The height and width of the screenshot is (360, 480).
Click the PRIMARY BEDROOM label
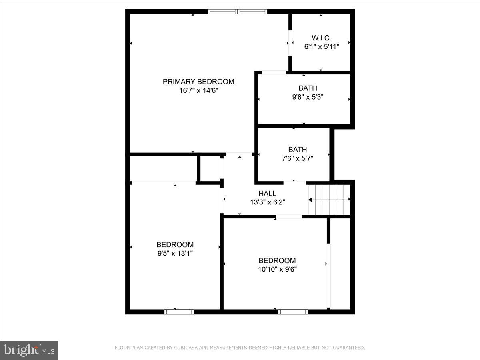(198, 82)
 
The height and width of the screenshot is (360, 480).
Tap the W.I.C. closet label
(322, 38)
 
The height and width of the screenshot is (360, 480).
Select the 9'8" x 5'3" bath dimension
(308, 96)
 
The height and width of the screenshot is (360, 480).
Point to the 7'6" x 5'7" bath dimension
(298, 158)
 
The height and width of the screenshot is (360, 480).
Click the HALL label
(267, 194)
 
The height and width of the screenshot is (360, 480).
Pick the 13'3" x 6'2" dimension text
(267, 202)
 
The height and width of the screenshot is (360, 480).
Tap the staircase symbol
(329, 200)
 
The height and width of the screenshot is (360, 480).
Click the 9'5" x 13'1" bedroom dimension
(175, 253)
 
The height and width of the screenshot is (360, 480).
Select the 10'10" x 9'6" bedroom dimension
(277, 269)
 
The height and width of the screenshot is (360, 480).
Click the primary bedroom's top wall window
(238, 12)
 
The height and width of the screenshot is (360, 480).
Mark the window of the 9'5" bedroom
(179, 312)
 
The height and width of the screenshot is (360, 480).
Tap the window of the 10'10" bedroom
(293, 312)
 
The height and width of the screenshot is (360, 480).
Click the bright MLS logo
(29, 350)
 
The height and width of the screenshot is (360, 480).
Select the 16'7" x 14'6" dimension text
(198, 90)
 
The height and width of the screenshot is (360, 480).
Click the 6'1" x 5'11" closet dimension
(322, 46)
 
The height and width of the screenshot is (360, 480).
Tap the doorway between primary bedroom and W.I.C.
(290, 42)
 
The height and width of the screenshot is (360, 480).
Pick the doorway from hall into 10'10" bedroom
(289, 217)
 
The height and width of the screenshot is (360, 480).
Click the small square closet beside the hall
(210, 169)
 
